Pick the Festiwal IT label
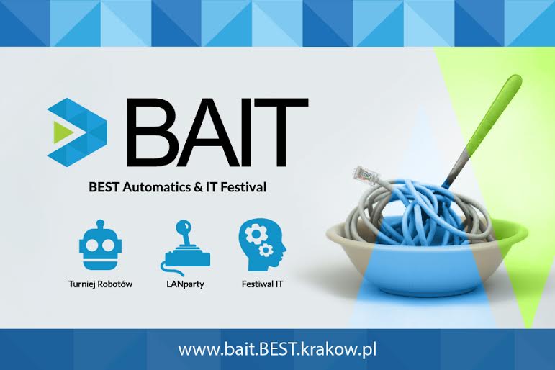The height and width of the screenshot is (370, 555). point(262,284)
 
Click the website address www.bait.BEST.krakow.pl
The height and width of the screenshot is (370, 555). point(277,350)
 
